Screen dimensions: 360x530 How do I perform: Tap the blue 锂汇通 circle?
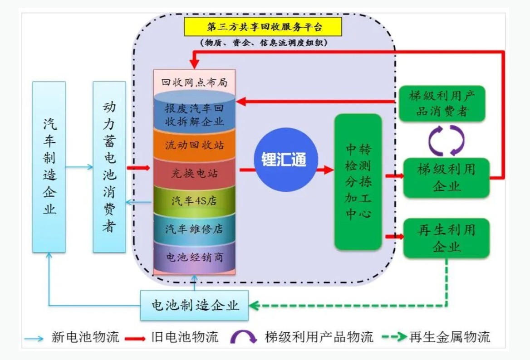point(284,159)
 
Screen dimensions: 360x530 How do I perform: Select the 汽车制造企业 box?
point(49,167)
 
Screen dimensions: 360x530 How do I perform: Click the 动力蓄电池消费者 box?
point(109,167)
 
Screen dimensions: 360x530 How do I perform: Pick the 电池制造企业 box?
point(195,305)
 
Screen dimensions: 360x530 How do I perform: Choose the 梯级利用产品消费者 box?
point(442,103)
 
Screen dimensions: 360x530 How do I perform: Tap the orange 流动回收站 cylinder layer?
point(194,146)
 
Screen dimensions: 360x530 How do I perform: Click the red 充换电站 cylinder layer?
point(194,173)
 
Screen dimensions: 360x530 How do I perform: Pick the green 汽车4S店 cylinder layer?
point(194,201)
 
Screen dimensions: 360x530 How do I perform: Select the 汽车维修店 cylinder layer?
point(194,229)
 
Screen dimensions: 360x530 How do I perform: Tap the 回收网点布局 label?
point(194,83)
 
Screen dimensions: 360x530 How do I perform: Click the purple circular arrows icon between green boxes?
point(447,140)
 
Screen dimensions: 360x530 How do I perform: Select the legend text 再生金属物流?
point(449,337)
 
